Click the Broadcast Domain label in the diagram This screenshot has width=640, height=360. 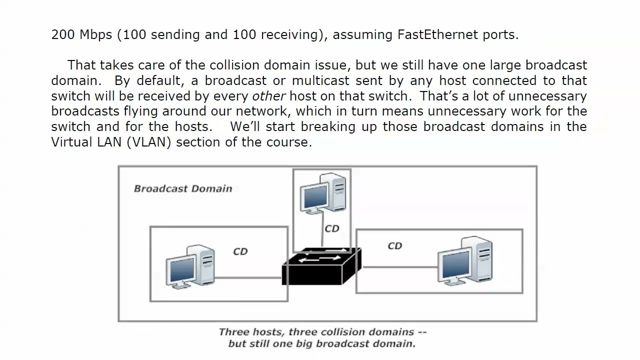183,188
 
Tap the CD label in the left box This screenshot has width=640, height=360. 240,251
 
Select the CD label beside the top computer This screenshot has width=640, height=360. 331,228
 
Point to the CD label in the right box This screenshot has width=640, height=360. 394,245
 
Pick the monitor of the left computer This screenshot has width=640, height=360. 180,270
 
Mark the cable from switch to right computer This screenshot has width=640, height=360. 400,267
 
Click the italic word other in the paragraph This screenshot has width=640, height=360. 268,96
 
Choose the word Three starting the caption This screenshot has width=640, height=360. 233,332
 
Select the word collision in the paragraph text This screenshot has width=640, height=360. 234,65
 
